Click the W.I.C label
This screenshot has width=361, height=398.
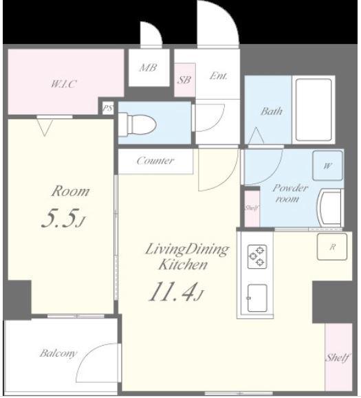[63, 84]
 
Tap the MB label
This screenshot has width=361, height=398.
[149, 68]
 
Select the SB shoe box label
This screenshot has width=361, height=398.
[184, 80]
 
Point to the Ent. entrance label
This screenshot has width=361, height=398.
[219, 76]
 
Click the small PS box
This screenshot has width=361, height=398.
[108, 108]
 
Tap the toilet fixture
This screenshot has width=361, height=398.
[138, 124]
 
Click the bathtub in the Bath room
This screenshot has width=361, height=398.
[314, 110]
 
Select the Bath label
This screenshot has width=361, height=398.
[272, 111]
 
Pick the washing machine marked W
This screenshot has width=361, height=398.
[327, 166]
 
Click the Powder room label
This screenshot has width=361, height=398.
[289, 193]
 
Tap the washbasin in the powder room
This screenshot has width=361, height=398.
[331, 208]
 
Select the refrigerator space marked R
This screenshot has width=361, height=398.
[332, 247]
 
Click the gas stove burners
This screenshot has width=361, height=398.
[257, 256]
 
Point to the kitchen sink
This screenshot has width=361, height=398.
[257, 298]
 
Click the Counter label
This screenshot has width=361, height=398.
[155, 161]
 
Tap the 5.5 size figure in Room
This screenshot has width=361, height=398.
[63, 219]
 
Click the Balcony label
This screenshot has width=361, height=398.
[58, 353]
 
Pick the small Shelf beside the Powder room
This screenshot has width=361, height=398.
[252, 208]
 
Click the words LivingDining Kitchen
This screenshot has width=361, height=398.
[187, 256]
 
